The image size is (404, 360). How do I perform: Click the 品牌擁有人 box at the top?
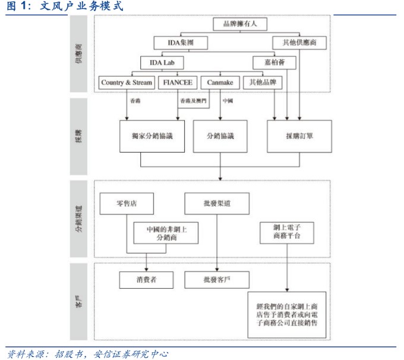point(241,24)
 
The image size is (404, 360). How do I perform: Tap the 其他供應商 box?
point(300,43)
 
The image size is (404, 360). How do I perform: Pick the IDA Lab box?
point(162,62)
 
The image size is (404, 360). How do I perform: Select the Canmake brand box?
point(220,83)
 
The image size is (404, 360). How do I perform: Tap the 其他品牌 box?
point(263,83)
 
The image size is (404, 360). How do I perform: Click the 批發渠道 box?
point(216,203)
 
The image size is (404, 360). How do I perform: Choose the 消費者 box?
point(146,279)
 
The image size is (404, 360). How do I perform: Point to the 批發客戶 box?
point(216,279)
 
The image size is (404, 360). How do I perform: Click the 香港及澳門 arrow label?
point(192,101)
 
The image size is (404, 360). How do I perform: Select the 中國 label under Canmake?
point(227,101)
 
